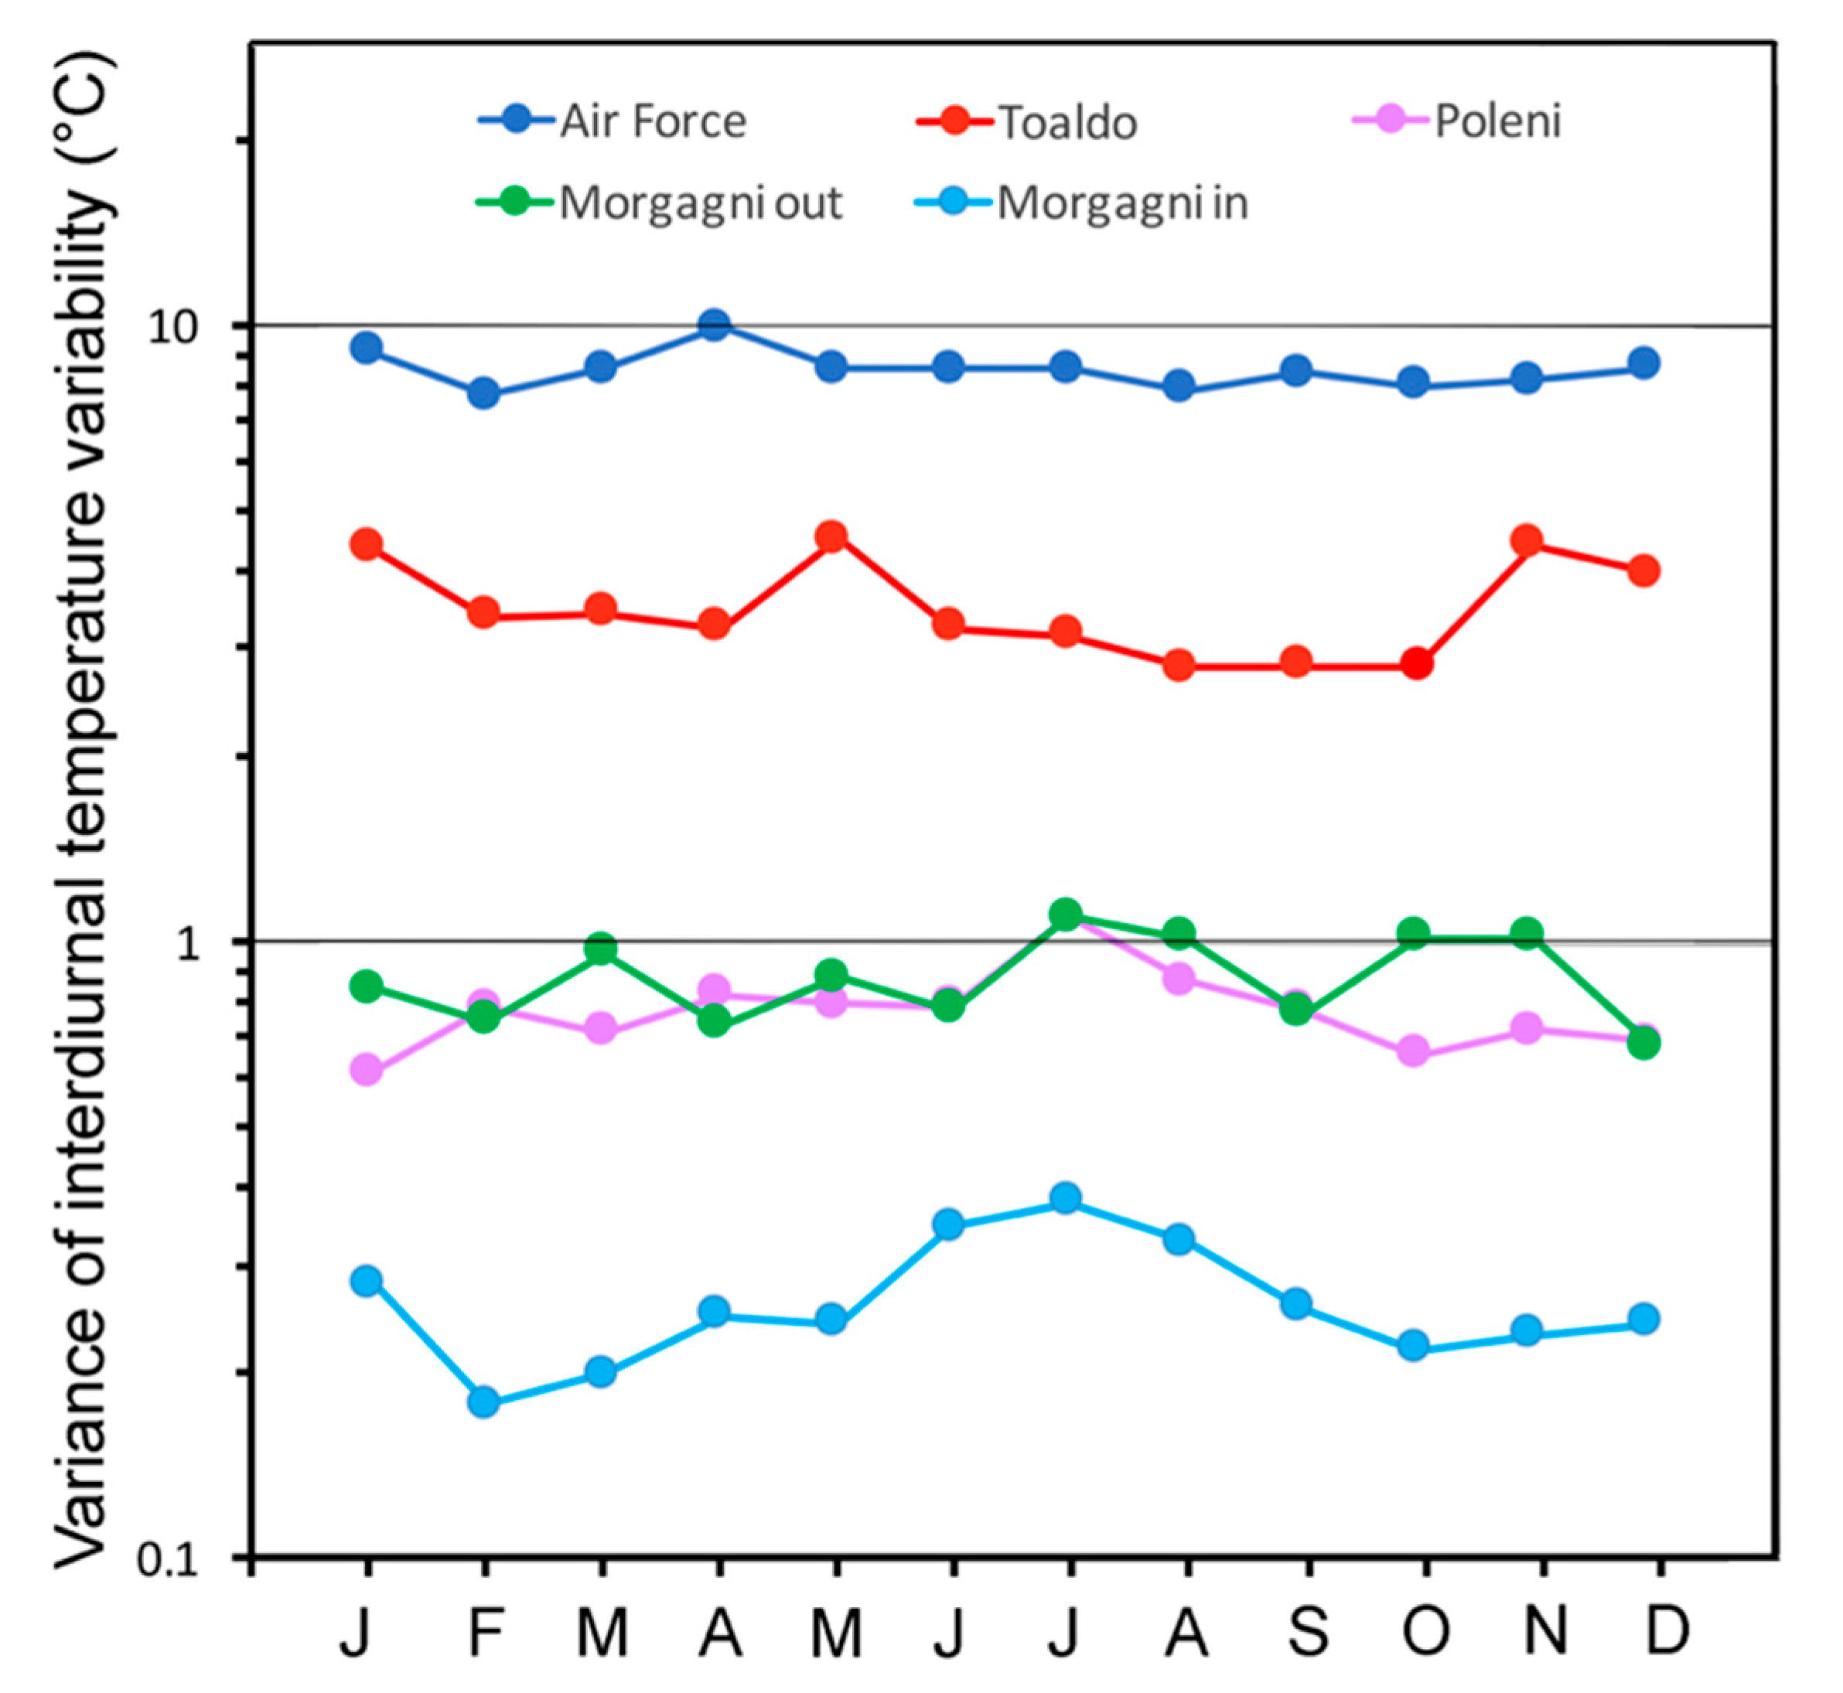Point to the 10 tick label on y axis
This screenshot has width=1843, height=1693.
(174, 327)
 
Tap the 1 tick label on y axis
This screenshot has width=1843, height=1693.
(188, 944)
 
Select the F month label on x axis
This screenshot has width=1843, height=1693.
(485, 1633)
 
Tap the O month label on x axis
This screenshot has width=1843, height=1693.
(1425, 1633)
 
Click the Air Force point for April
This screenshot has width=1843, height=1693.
(715, 325)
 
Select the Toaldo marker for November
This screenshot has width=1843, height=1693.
(1527, 540)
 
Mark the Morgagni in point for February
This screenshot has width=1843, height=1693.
(484, 1402)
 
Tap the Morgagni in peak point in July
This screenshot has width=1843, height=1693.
(1065, 1197)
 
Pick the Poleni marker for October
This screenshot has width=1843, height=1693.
(1413, 1051)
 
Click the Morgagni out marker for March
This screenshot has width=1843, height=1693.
(600, 949)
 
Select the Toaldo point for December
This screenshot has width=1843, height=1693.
(1644, 571)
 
